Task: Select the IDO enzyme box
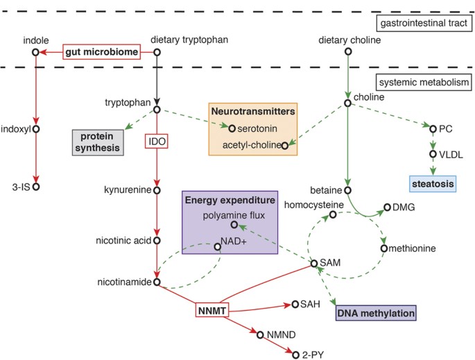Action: coord(157,142)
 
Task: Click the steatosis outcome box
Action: coord(431,185)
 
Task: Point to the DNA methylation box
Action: coord(376,314)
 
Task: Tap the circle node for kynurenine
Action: coord(157,189)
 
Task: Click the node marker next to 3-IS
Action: coord(36,186)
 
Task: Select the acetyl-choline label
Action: coord(250,146)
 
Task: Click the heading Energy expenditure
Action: coord(230,200)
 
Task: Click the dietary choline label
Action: coord(347,40)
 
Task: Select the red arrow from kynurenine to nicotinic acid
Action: coord(157,215)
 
